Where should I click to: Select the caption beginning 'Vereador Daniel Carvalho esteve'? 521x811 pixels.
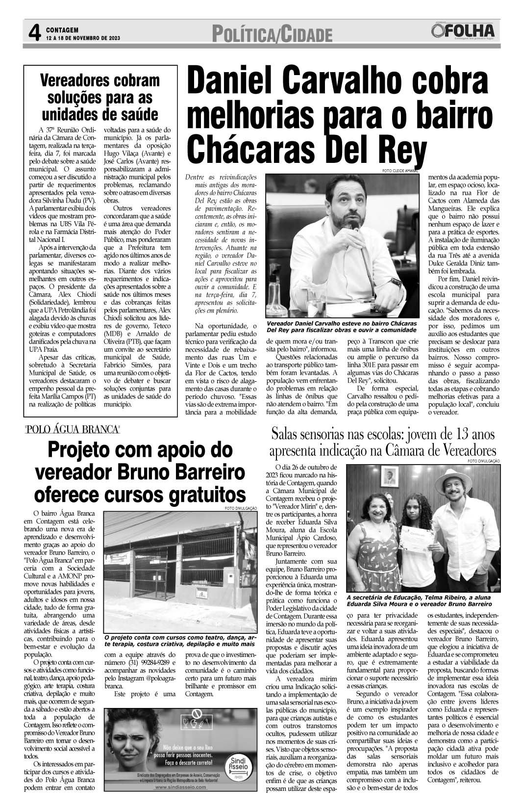(341, 327)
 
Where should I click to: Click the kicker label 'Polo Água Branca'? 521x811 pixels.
(73, 430)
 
